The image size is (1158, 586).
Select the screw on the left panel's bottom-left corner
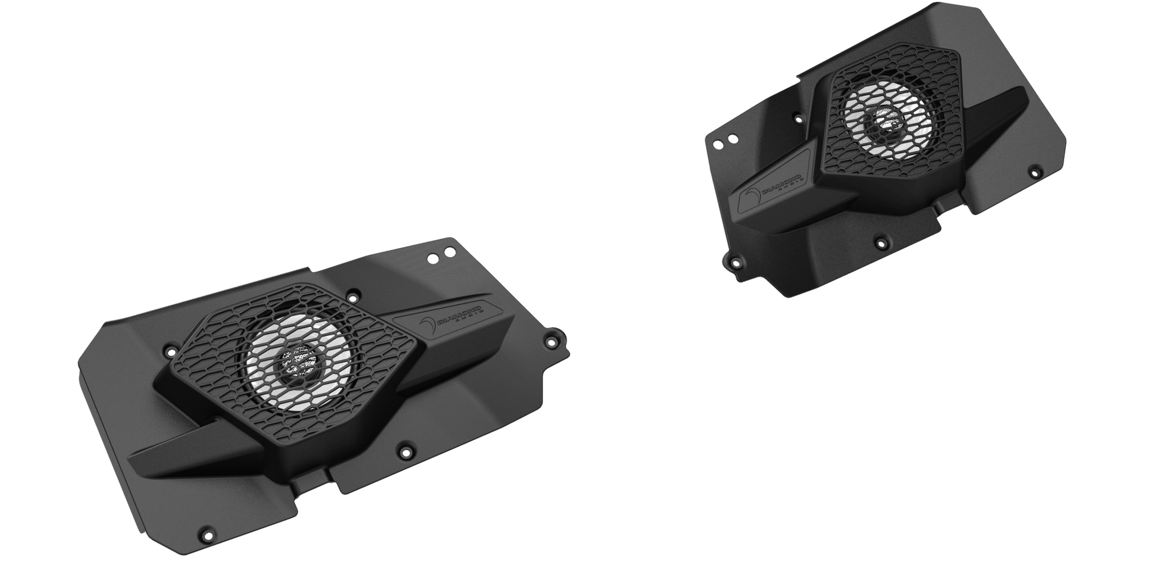tap(206, 530)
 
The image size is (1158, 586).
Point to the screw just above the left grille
tap(353, 296)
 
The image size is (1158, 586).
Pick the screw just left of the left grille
tap(169, 345)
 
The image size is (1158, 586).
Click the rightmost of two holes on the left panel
tap(445, 254)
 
